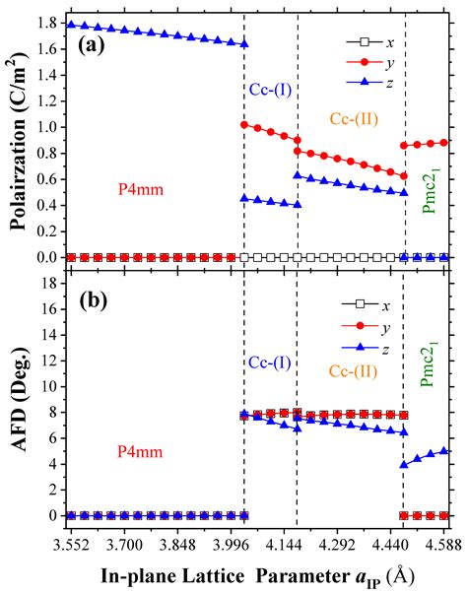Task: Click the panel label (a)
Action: coord(81,46)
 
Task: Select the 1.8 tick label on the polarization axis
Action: coord(47,23)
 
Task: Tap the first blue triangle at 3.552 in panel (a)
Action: coord(70,24)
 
